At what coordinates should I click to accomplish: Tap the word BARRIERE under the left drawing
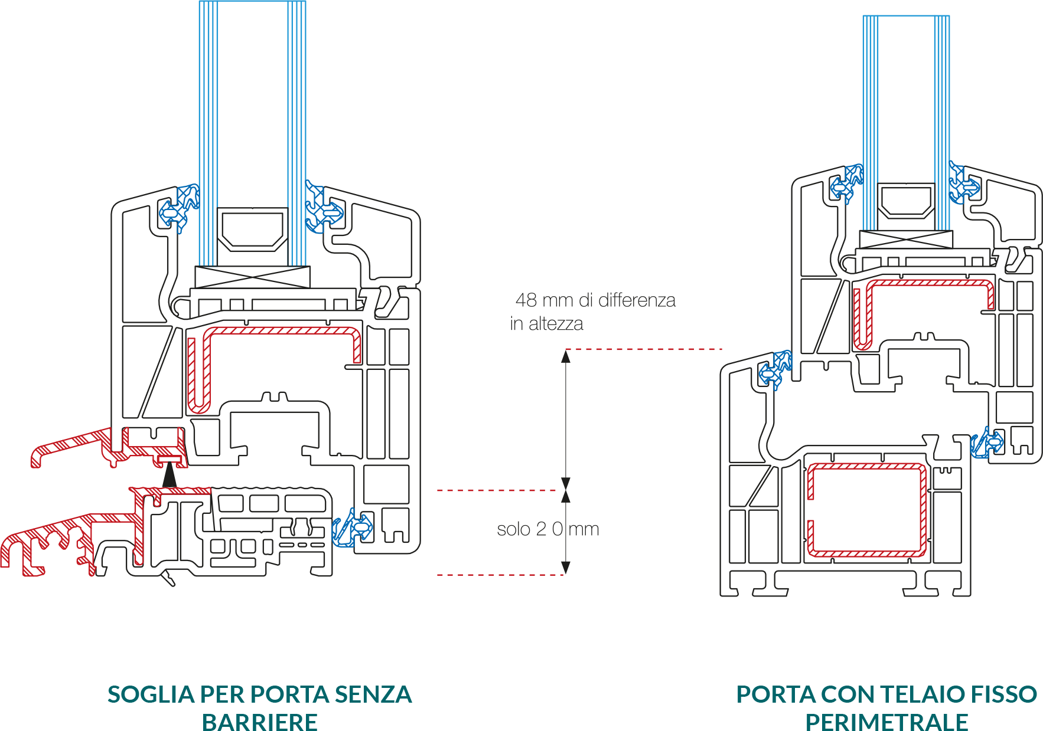(x=259, y=721)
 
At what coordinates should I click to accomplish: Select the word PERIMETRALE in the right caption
(x=886, y=721)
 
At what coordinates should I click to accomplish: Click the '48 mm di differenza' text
(x=595, y=300)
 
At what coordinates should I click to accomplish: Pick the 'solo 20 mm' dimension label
(x=547, y=529)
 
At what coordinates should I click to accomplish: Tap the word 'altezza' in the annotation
(x=556, y=324)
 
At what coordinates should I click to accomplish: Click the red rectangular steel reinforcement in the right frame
(x=866, y=510)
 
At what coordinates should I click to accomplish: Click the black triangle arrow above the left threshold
(x=170, y=476)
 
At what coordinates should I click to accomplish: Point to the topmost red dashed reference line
(x=644, y=349)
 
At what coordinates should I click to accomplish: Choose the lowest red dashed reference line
(x=500, y=574)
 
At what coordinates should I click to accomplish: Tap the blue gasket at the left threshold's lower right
(x=352, y=527)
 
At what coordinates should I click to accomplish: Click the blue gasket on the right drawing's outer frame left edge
(x=775, y=369)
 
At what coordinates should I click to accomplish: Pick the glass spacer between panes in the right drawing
(x=905, y=201)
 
